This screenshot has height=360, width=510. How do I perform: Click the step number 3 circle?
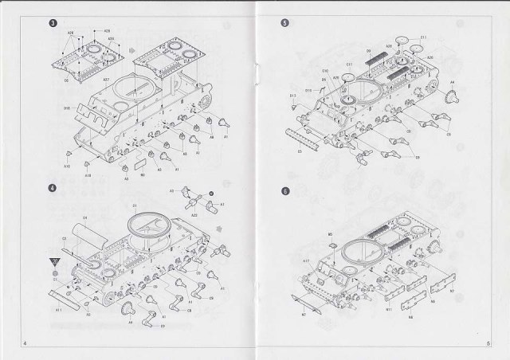(x=52, y=22)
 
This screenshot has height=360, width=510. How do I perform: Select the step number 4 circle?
(x=52, y=189)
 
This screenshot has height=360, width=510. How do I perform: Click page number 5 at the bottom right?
(x=485, y=345)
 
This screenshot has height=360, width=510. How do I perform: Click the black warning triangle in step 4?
(x=54, y=261)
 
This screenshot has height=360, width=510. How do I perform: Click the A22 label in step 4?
(x=194, y=216)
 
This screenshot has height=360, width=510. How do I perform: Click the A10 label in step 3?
(x=66, y=165)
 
